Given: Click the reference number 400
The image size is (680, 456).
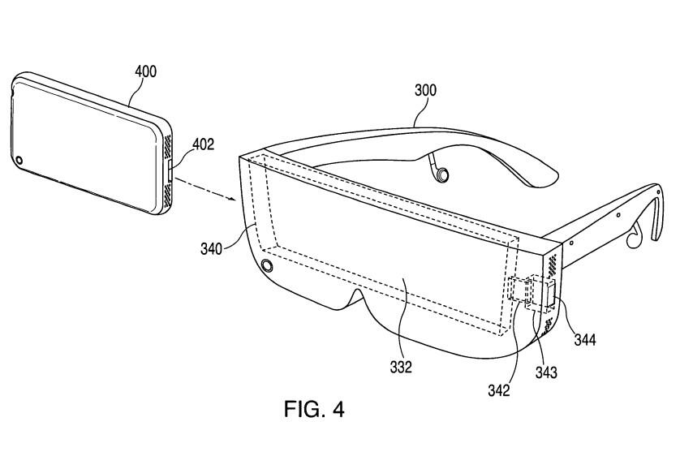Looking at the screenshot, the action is [146, 71].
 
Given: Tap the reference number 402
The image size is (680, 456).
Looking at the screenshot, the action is [204, 144].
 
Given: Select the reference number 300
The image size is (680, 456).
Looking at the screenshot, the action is [425, 90].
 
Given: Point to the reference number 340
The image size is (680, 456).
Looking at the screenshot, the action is [211, 249].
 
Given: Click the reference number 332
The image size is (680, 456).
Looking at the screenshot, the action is [401, 367].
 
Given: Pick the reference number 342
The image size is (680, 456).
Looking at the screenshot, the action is [499, 390].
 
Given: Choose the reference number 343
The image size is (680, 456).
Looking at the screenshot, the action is [546, 372].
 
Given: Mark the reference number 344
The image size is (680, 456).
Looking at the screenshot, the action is [585, 339].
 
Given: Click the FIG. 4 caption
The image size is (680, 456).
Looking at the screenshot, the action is [314, 409].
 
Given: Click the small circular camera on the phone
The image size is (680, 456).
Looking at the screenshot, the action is [19, 161].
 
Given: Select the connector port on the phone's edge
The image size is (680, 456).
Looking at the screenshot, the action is [170, 170].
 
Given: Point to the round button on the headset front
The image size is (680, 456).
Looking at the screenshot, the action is [267, 265].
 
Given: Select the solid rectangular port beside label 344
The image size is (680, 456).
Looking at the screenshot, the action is [551, 294].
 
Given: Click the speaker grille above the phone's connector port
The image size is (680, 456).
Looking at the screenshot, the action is [168, 145].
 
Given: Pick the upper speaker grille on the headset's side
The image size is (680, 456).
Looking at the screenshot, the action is [553, 264].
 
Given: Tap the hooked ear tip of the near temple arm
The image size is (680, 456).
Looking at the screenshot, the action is [658, 214].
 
